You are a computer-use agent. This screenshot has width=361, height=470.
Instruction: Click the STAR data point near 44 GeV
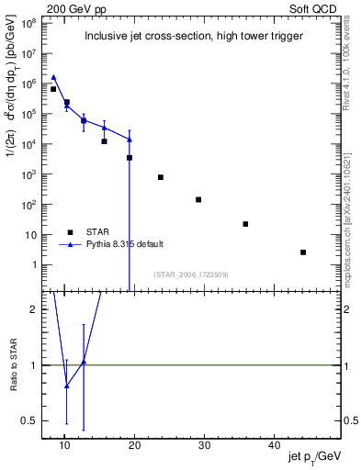pyautogui.click(x=303, y=252)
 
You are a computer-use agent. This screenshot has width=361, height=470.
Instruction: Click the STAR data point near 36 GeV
pyautogui.click(x=245, y=224)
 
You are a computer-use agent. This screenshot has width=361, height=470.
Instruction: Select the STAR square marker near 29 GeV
pyautogui.click(x=198, y=199)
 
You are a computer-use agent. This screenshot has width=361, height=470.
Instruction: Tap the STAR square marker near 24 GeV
pyautogui.click(x=161, y=177)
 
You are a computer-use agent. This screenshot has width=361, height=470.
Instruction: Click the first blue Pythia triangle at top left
pyautogui.click(x=53, y=78)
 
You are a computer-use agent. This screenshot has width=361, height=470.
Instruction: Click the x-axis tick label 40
pyautogui.click(x=274, y=444)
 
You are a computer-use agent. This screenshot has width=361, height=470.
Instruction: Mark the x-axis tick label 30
pyautogui.click(x=204, y=444)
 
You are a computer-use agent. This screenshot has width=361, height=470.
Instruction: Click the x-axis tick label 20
pyautogui.click(x=134, y=444)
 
